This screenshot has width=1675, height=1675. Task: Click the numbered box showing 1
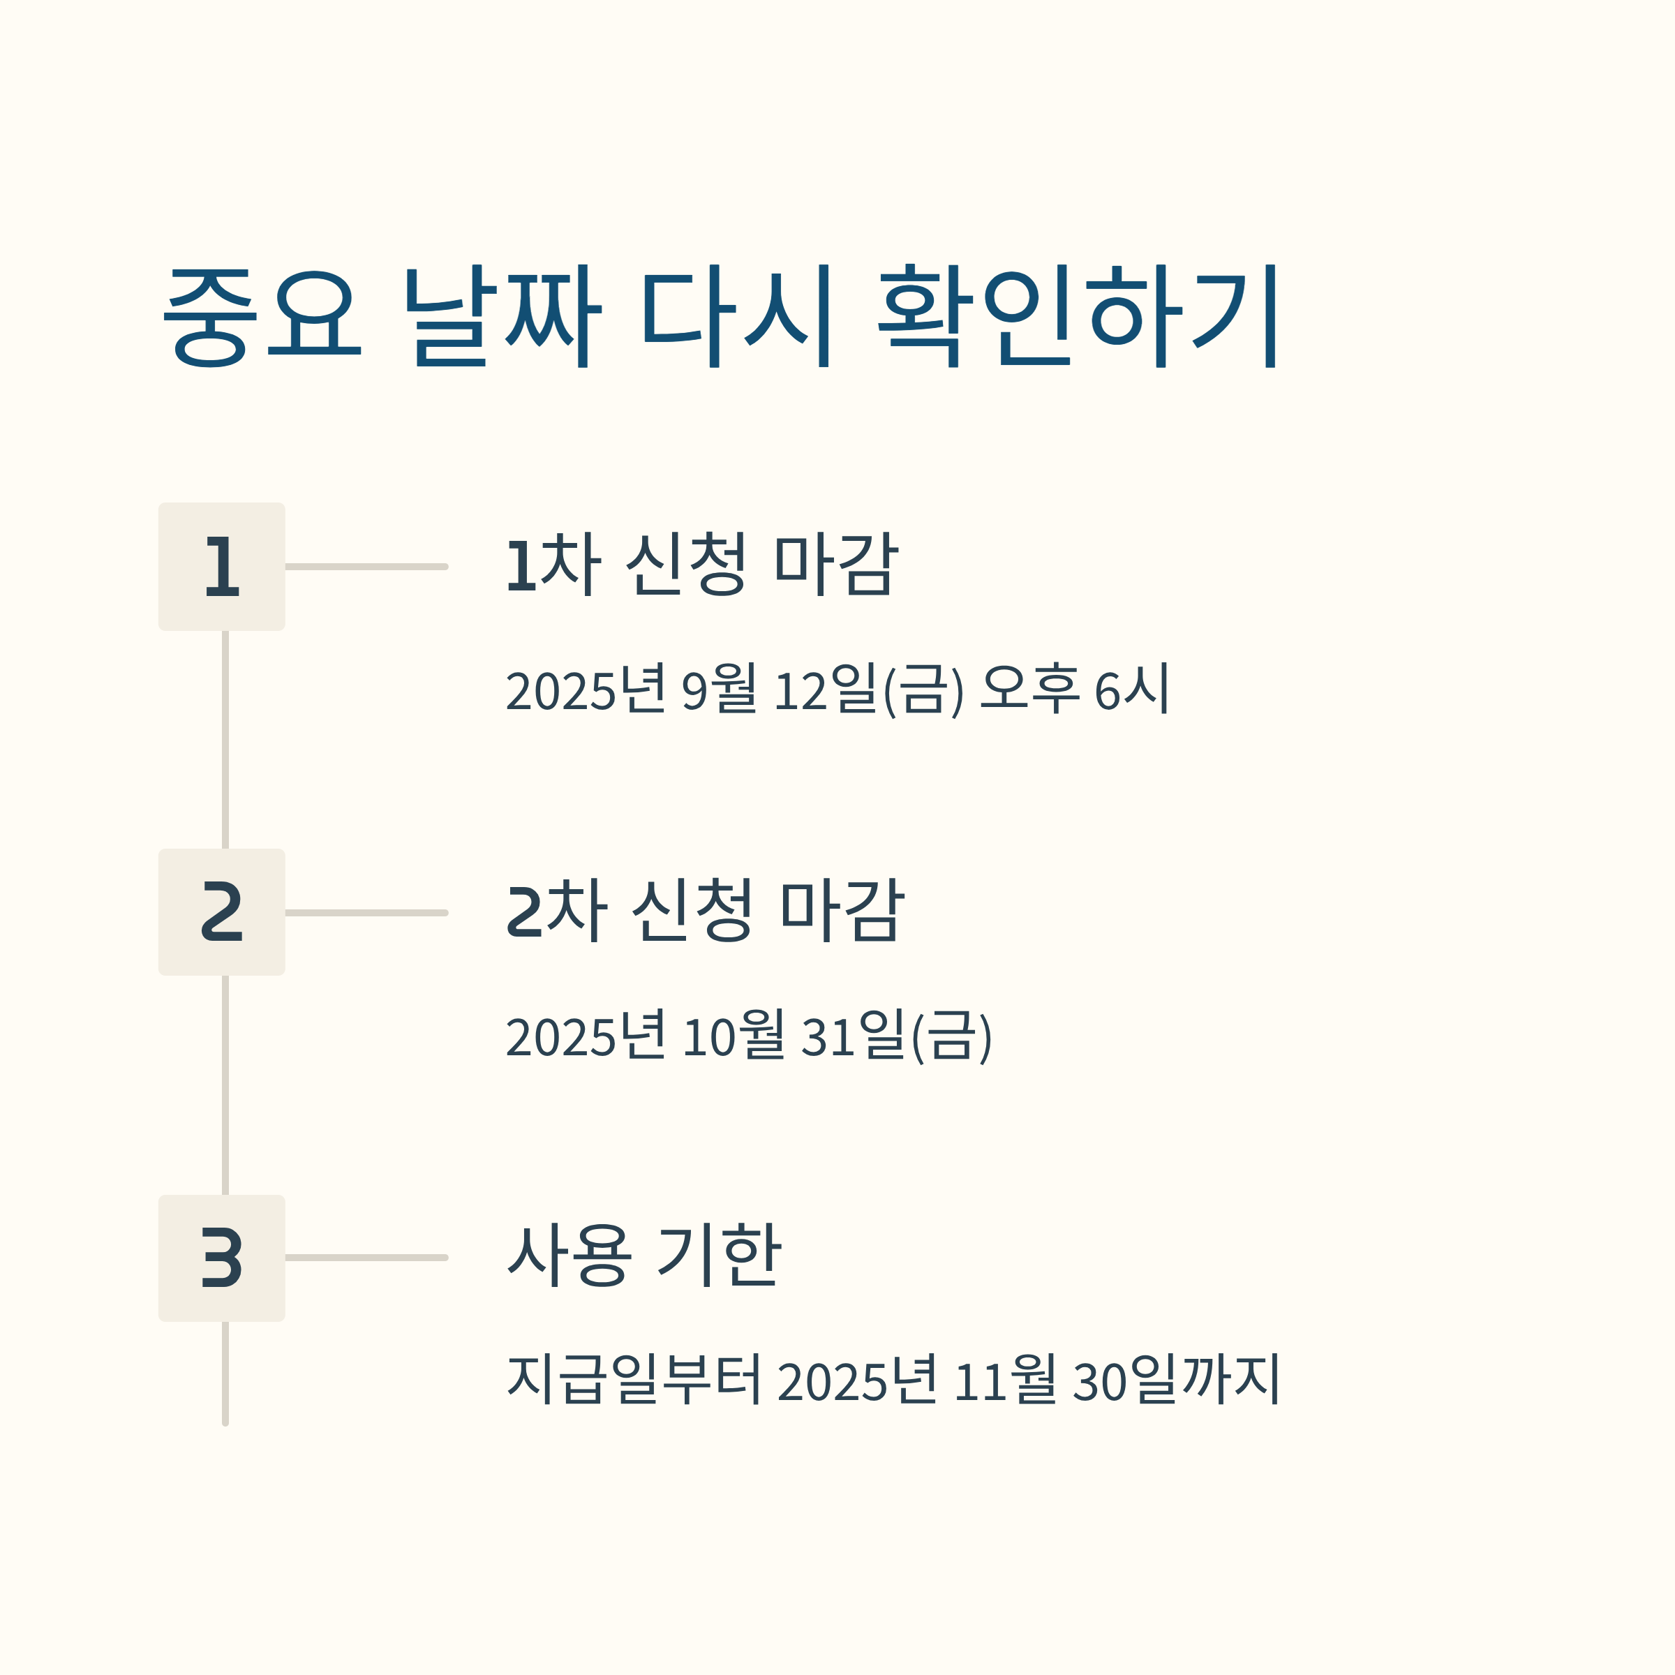tap(221, 566)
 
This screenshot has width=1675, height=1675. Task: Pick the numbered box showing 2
tap(221, 912)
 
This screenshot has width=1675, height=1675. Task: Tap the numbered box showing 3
tap(221, 1258)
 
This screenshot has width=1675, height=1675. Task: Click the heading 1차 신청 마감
tap(701, 565)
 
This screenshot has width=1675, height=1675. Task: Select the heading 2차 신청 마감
tap(705, 910)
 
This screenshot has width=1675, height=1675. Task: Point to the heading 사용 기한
tap(644, 1256)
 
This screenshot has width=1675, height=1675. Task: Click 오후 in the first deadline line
tap(1029, 690)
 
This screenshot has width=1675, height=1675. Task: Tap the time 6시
tap(1131, 690)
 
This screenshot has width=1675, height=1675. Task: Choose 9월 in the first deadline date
tap(719, 690)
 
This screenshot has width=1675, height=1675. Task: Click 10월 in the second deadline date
tap(734, 1036)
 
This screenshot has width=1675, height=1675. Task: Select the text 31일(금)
tap(895, 1036)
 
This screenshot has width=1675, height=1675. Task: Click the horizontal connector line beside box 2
tap(366, 912)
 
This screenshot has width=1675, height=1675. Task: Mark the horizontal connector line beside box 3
tap(366, 1258)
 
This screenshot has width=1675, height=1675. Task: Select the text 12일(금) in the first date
tap(868, 690)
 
